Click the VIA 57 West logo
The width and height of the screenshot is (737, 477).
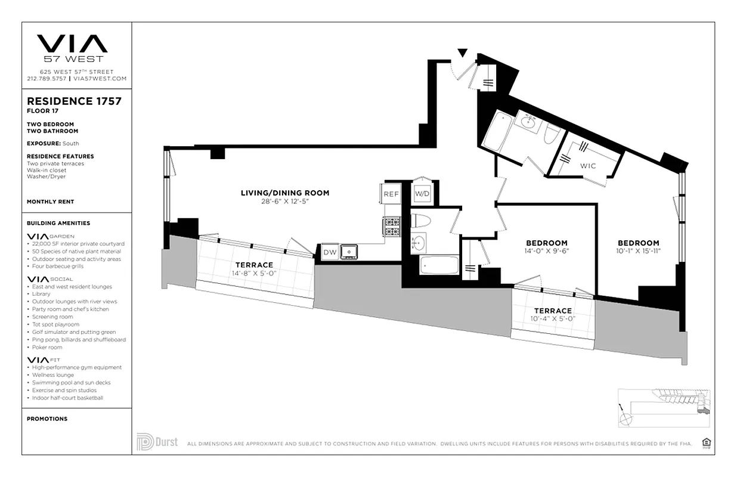click(72, 47)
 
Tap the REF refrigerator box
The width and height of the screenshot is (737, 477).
click(391, 194)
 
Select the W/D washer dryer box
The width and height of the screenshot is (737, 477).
click(422, 194)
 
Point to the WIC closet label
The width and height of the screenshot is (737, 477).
click(588, 166)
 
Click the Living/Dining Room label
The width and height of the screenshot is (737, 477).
click(284, 193)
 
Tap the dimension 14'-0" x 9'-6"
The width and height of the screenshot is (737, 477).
click(546, 252)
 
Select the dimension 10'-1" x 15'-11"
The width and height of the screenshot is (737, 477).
click(638, 252)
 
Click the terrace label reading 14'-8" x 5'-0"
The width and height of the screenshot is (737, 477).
click(254, 274)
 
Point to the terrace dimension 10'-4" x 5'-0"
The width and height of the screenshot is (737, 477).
click(552, 319)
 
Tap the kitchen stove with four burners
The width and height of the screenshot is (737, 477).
click(391, 227)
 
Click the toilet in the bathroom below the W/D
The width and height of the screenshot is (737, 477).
click(421, 221)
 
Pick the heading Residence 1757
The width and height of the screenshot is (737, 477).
click(74, 101)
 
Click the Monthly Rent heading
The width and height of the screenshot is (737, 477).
click(50, 202)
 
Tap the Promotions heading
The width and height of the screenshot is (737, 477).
click(47, 419)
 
